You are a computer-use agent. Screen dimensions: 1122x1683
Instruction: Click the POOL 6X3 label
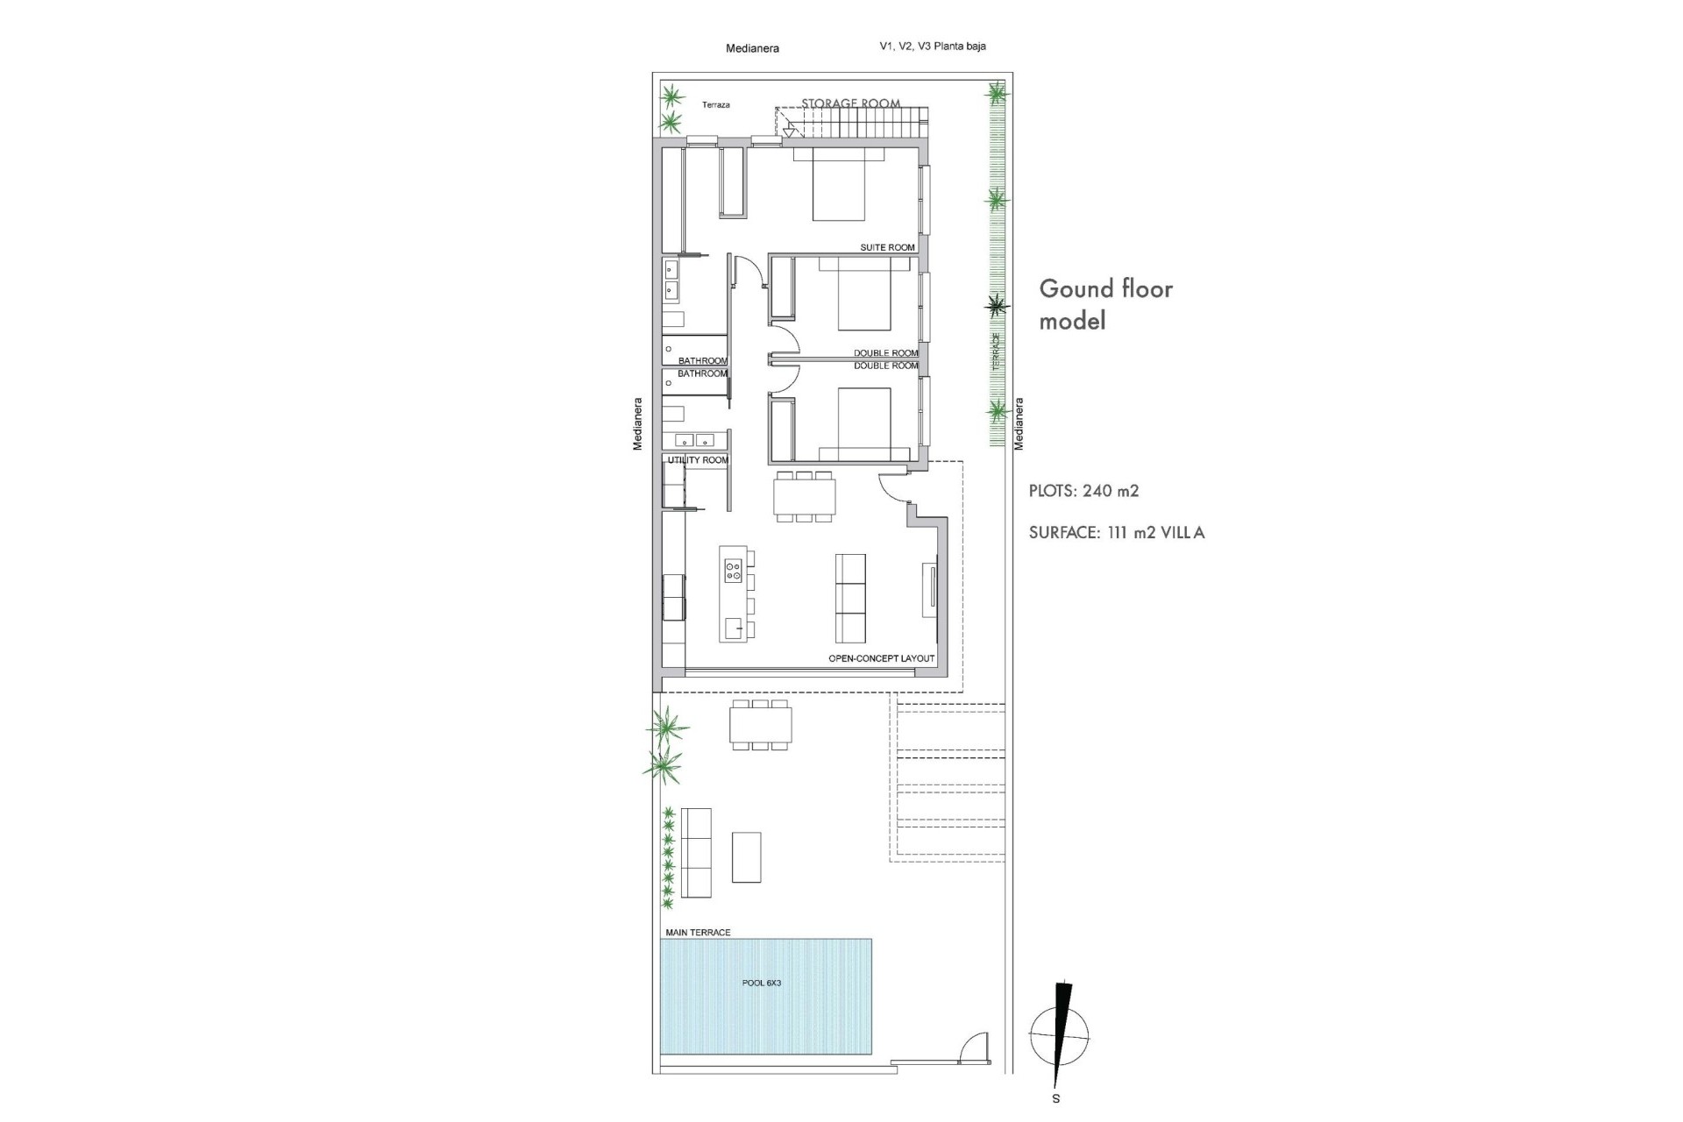761,984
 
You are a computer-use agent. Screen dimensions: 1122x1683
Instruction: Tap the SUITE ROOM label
887,248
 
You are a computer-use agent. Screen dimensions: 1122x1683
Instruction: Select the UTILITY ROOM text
698,460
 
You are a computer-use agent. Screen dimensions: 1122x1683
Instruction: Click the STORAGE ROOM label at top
850,103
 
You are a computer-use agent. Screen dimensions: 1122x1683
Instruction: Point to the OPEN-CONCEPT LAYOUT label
881,658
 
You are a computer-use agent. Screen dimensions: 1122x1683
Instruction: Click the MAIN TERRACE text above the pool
698,933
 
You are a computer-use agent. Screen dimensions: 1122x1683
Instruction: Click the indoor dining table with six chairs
804,497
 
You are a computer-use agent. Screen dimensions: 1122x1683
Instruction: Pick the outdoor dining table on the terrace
760,726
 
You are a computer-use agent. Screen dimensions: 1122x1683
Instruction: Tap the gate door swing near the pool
974,1048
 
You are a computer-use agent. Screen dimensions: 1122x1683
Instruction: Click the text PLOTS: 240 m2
1083,491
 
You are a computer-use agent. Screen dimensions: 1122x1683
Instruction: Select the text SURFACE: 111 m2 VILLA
1116,533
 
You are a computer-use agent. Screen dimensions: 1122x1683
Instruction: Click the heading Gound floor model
1104,304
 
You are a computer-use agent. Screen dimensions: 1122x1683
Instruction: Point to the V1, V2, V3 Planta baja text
932,46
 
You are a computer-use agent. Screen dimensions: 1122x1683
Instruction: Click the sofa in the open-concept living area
850,598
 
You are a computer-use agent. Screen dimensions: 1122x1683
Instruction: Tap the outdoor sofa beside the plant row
697,852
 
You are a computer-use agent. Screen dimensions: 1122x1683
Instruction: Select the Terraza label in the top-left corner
715,105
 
